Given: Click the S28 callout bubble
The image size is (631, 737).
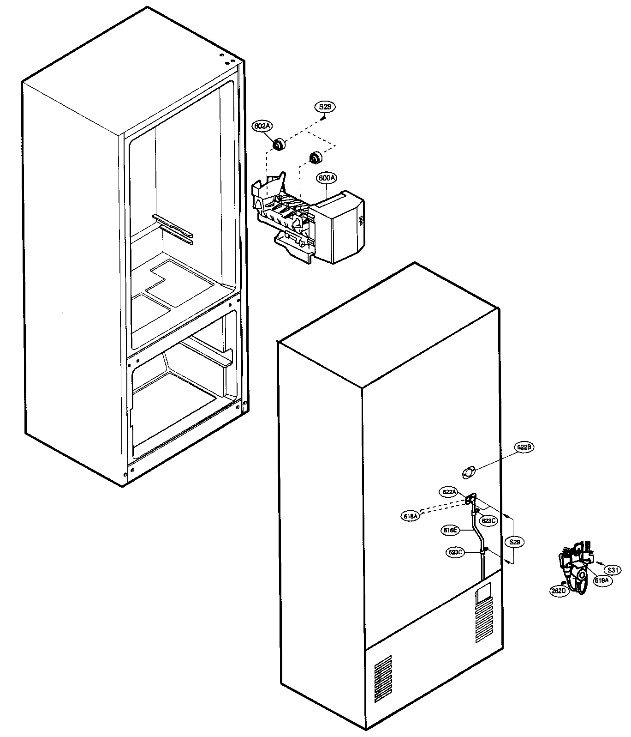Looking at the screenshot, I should click(x=325, y=107).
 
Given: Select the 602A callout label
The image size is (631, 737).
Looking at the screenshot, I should click(x=261, y=126).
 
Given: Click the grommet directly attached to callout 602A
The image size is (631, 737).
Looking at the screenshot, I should click(x=279, y=145).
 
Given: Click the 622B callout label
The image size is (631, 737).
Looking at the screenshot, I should click(x=524, y=447).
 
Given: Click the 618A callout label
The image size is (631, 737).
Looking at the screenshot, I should click(x=410, y=516).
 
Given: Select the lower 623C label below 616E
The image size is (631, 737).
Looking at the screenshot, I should click(x=456, y=552).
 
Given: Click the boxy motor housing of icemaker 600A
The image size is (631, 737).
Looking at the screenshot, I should click(x=336, y=231).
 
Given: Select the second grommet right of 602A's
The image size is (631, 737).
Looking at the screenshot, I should click(x=315, y=157).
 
